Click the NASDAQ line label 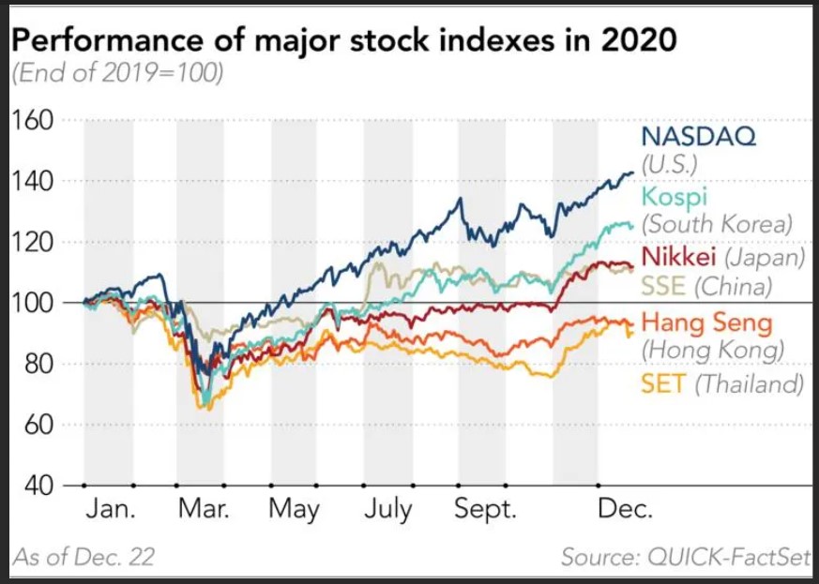[699, 136]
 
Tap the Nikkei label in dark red [673, 256]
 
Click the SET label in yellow [661, 382]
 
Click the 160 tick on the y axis [34, 120]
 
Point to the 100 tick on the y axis [34, 303]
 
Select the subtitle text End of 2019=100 [117, 73]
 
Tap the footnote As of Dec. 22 [84, 557]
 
